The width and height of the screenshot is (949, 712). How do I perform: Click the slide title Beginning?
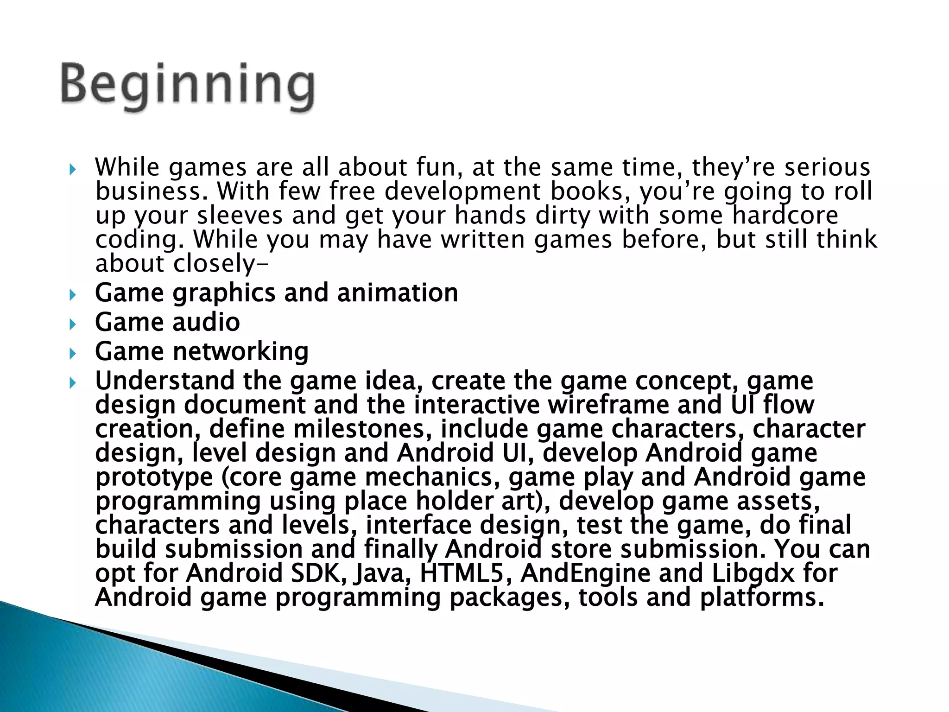tap(188, 86)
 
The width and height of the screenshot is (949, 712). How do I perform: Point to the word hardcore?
tap(785, 216)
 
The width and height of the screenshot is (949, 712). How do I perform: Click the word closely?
tap(214, 264)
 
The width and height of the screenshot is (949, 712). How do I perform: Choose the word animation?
tap(397, 293)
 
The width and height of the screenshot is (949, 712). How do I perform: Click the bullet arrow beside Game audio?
tap(72, 324)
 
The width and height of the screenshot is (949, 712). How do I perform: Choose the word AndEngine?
tap(586, 573)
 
